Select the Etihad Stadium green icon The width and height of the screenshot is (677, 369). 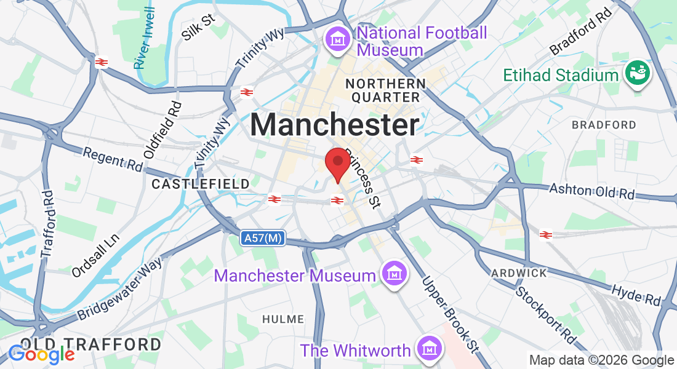click(x=638, y=73)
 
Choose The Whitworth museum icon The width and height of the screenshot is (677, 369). click(x=429, y=349)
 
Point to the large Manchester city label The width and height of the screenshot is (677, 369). click(x=335, y=125)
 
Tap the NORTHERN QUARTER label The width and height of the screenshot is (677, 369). click(x=385, y=90)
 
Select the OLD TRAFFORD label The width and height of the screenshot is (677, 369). click(x=90, y=344)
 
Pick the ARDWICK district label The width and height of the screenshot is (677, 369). click(x=519, y=272)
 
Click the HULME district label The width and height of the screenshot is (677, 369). click(x=283, y=319)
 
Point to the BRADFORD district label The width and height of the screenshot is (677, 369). click(x=604, y=125)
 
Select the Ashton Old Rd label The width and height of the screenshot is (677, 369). click(x=591, y=191)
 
